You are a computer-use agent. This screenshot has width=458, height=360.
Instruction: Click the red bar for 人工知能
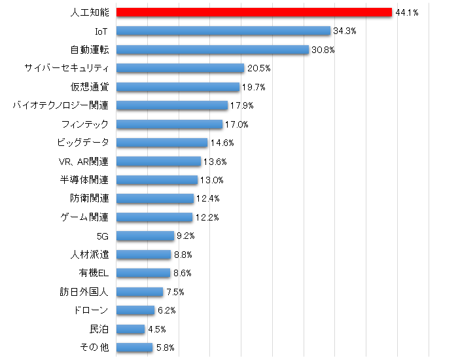coord(254,12)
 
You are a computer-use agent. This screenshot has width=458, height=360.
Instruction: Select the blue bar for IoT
coord(223,31)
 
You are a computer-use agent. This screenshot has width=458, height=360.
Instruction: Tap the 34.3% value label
coord(344,31)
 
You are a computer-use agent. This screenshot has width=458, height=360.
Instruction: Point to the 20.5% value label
coord(258,68)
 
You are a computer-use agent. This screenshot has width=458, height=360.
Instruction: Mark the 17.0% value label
coord(237,124)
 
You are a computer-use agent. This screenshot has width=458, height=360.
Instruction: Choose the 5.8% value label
coord(165,348)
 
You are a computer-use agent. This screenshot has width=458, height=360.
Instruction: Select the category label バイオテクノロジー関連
coord(60,105)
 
